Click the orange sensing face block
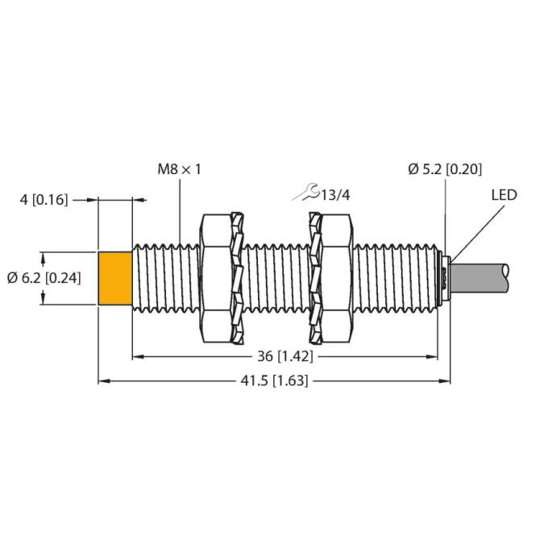pos(114,279)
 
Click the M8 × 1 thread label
pos(180,169)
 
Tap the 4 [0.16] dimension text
pos(44,200)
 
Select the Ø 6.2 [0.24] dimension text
pos(44,278)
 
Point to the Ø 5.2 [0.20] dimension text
pos(445,169)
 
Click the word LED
pos(504,195)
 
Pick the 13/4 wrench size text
pos(334,196)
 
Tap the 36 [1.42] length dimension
pos(285,356)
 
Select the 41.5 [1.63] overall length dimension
pos(275,381)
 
